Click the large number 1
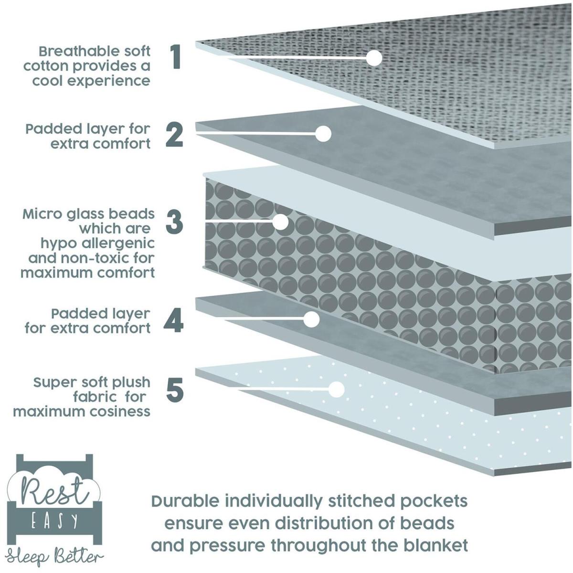click(175, 58)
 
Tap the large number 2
click(175, 135)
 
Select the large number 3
click(175, 222)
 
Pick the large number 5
click(175, 390)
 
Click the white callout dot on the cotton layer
click(374, 58)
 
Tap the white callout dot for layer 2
click(323, 134)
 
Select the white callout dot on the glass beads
click(280, 222)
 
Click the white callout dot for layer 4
click(311, 319)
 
